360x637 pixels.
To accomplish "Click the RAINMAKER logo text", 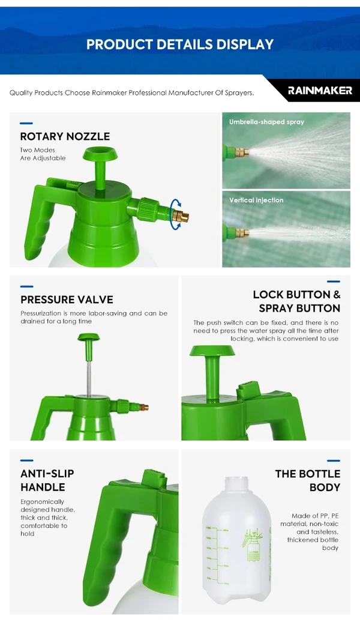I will point(319,91).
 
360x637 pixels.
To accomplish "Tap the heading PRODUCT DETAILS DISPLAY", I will point(180,44).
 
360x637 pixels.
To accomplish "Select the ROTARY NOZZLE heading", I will point(65,136).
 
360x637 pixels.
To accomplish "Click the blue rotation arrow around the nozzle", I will point(176,214).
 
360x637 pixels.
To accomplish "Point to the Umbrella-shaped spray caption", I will point(266,122).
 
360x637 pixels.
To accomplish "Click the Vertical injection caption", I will point(256,200).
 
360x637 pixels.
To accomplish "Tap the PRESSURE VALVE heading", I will point(67,300).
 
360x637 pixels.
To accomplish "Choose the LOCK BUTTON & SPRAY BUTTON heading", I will point(296,301).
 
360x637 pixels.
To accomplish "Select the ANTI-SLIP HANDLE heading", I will point(47,480).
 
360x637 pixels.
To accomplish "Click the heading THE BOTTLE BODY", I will point(307,480).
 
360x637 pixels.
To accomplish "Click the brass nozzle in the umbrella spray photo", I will point(242,154).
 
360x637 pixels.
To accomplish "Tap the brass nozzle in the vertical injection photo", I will point(242,232).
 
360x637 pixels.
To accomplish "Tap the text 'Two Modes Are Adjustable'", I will point(43,154).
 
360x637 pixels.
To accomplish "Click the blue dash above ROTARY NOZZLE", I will point(26,124).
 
